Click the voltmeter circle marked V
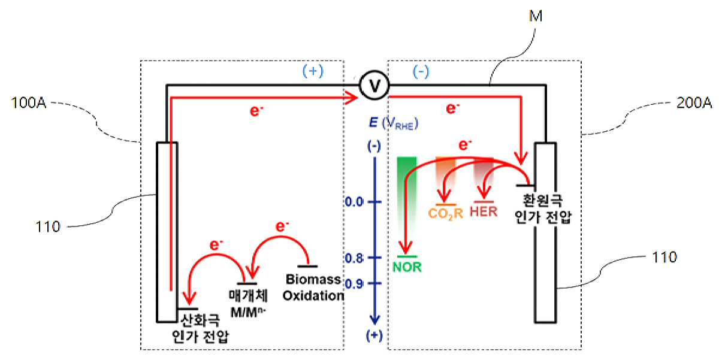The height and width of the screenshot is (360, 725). click(374, 86)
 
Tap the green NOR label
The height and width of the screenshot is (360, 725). click(407, 267)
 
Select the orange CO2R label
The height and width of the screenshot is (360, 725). click(446, 214)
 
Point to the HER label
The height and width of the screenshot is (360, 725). click(484, 211)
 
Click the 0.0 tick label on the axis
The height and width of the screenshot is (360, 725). click(354, 202)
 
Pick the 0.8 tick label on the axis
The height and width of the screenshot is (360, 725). click(354, 258)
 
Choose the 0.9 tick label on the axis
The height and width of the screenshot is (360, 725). click(354, 284)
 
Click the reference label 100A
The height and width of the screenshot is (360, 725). click(29, 103)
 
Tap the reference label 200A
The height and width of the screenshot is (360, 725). click(694, 103)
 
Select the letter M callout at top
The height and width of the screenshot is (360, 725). click(536, 16)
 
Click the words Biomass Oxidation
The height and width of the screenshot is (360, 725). click(313, 288)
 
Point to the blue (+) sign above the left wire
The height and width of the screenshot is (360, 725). click(313, 71)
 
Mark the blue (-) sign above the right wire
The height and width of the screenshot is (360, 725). click(421, 72)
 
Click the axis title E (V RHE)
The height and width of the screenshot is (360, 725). click(394, 123)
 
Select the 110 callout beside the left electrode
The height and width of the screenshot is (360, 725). click(48, 227)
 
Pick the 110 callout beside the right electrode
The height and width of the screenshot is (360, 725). click(664, 257)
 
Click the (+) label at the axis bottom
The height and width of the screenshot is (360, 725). click(374, 336)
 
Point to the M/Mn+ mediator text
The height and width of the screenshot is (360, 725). click(248, 312)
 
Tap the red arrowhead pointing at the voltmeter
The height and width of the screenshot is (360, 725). click(351, 98)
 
